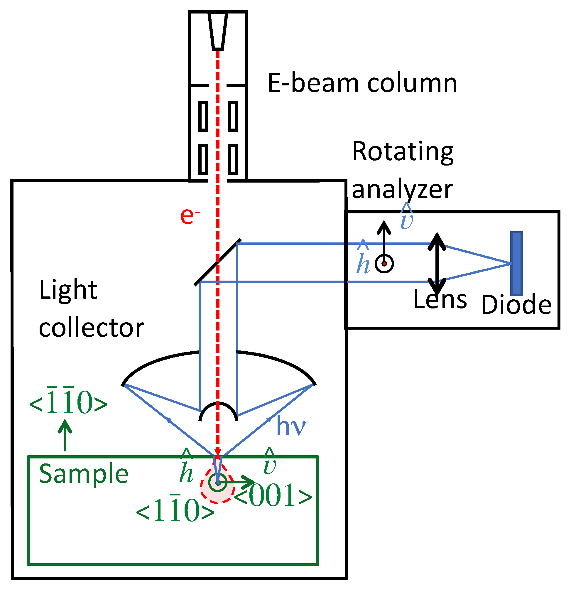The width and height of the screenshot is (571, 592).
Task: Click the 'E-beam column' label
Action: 362,83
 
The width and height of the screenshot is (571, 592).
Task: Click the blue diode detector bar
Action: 517,264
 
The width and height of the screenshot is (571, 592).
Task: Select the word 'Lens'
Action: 440,299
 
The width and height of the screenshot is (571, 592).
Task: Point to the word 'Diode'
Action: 516,305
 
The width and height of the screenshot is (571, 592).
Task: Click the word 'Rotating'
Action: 403,152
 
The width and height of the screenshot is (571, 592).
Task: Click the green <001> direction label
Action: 273,495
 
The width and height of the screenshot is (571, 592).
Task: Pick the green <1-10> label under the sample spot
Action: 175,510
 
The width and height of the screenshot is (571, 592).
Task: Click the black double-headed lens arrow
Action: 437,264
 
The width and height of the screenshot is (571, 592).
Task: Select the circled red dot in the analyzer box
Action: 384,264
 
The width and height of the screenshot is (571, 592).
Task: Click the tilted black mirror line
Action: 217,262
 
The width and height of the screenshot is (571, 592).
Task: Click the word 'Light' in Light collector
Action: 68,290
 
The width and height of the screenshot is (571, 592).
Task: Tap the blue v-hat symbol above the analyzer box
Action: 406,217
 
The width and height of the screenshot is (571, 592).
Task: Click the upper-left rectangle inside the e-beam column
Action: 203,116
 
